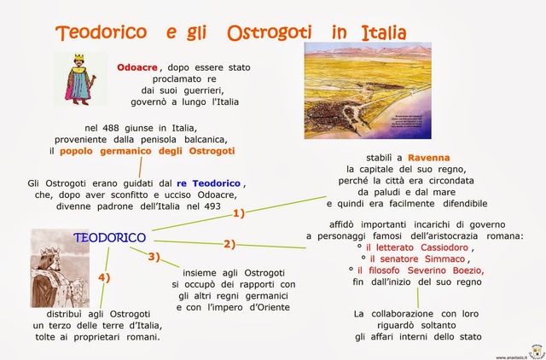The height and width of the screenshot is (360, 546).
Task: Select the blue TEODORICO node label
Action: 109,236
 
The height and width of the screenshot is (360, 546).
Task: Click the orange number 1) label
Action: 239,213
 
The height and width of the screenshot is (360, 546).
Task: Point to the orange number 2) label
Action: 229,244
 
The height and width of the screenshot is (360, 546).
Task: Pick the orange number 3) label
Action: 154,256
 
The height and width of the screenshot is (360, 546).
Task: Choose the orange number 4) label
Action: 104,277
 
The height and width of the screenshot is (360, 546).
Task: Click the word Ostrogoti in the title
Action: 267,33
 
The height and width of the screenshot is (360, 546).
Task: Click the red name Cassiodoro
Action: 436,247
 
